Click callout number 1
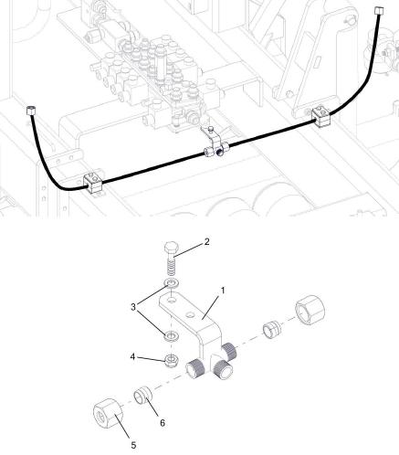point(223,291)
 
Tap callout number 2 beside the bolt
point(207,242)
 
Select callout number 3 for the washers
point(133,307)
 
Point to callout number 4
point(132,356)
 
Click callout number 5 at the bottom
point(133,445)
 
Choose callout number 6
point(163,423)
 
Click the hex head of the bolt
point(171,248)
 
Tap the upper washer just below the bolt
point(172,283)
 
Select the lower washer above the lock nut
point(172,336)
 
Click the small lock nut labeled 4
point(172,361)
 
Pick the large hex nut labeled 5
point(108,413)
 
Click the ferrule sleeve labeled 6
point(142,395)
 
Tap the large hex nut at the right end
point(310,310)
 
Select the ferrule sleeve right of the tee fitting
point(272,330)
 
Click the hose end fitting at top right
point(379,11)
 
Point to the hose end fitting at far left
point(31,110)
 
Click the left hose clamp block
point(94,183)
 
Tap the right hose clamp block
point(321,116)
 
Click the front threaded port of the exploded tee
point(224,369)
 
